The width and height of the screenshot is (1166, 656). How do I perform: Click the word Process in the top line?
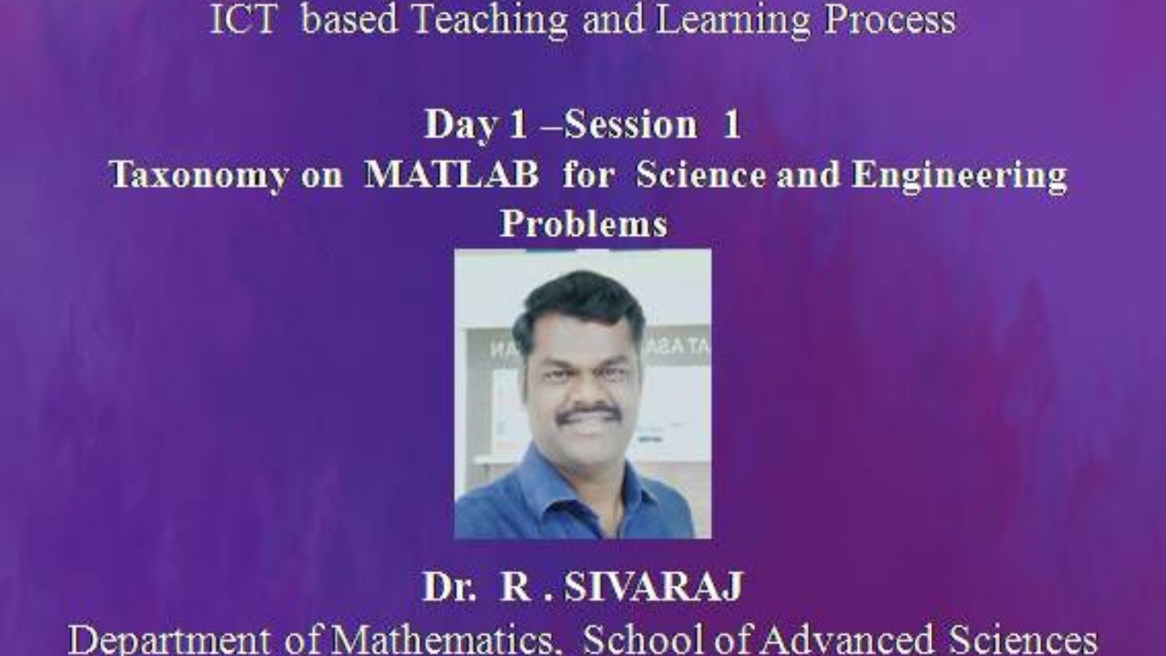click(890, 20)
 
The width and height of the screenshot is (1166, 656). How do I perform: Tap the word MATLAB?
click(451, 175)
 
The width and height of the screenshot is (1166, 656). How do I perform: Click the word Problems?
click(583, 224)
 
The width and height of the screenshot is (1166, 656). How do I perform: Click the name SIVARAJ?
click(652, 589)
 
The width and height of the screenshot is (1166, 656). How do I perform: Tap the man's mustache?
click(588, 413)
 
